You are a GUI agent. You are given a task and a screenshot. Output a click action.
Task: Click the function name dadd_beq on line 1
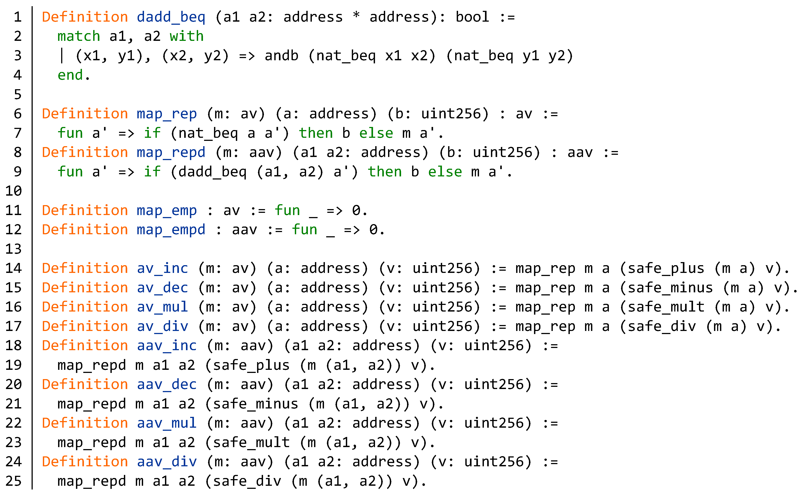point(171,17)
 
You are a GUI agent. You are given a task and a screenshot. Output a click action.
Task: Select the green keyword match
point(79,36)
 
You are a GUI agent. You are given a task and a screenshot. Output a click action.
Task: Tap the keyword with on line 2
point(186,36)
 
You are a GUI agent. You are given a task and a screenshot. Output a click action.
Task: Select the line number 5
point(18,94)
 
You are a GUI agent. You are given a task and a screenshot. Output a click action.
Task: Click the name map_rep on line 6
point(167,114)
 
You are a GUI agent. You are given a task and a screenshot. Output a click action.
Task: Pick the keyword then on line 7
point(316,133)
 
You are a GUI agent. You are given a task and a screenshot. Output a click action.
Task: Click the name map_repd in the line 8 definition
point(171,153)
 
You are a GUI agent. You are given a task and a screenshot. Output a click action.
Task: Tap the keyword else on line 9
point(445,172)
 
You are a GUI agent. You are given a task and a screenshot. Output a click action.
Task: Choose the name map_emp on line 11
point(167,210)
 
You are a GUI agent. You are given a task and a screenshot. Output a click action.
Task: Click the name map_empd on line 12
point(171,230)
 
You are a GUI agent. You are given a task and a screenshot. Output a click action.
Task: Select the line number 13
point(13,249)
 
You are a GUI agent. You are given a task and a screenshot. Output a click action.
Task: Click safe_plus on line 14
point(666,268)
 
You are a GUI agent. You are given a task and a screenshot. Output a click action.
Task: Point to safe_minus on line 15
point(670,288)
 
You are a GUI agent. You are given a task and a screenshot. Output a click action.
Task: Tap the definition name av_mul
point(162,307)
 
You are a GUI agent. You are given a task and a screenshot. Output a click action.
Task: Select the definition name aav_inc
point(167,346)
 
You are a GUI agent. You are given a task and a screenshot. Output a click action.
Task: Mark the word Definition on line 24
point(85,462)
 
